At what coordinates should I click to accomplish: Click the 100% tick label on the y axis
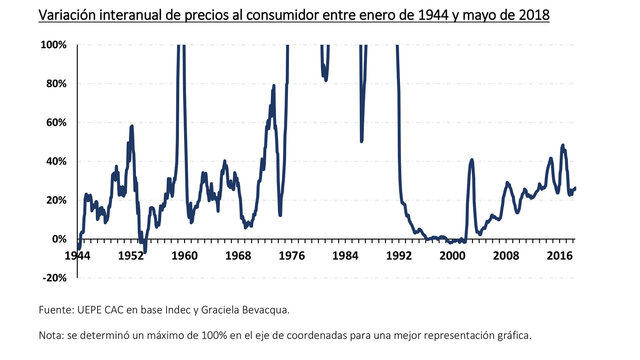[x=54, y=45]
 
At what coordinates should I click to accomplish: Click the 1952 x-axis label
[x=131, y=256]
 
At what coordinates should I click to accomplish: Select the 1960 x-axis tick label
[x=184, y=256]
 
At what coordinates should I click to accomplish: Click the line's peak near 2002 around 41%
[x=472, y=159]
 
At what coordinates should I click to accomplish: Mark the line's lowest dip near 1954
[x=145, y=251]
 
